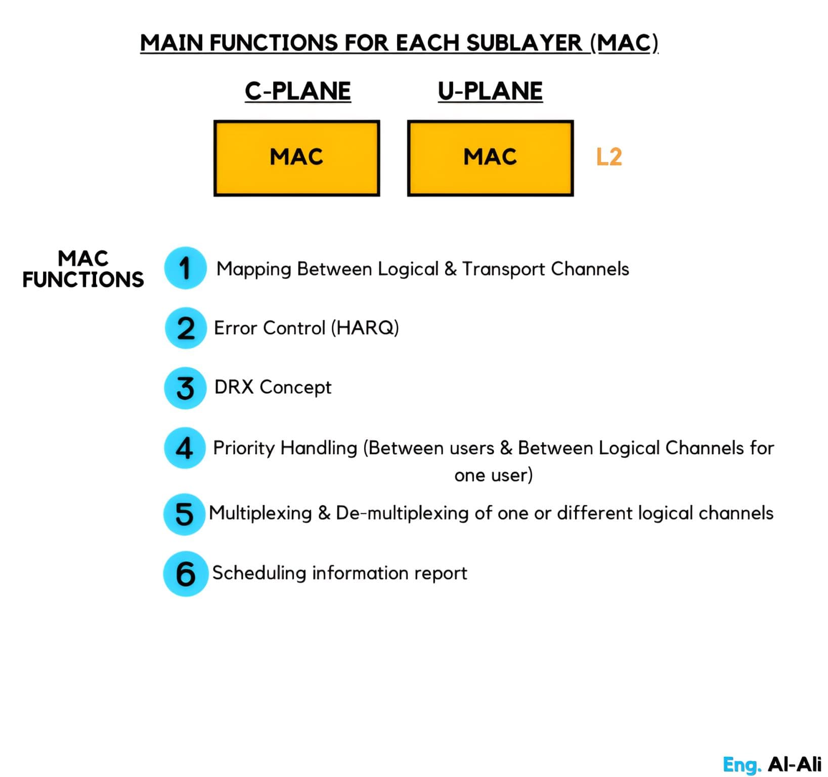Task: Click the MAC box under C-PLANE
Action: (x=296, y=158)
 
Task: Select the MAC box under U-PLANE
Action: (x=490, y=158)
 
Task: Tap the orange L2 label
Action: (x=608, y=157)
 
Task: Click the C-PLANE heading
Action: (x=298, y=92)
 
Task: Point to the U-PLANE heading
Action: (x=490, y=92)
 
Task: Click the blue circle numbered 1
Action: (x=185, y=268)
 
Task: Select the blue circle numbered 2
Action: (x=186, y=328)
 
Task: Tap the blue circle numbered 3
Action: (x=185, y=388)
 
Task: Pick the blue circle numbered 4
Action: (x=185, y=448)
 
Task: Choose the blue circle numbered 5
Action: (x=184, y=514)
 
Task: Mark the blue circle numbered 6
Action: (x=186, y=574)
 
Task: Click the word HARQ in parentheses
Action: (x=365, y=328)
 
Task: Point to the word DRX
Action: (x=234, y=387)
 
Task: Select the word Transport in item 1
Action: (x=503, y=270)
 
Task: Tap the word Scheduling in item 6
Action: (x=259, y=573)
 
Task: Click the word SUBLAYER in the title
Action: (x=524, y=43)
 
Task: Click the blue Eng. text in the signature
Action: (x=742, y=765)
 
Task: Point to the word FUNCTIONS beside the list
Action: (x=83, y=280)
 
